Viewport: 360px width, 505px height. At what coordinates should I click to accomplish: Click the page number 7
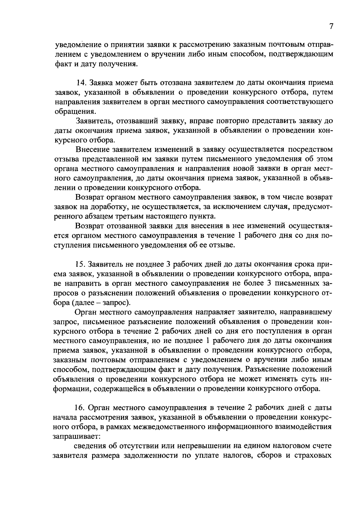coord(331,27)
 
